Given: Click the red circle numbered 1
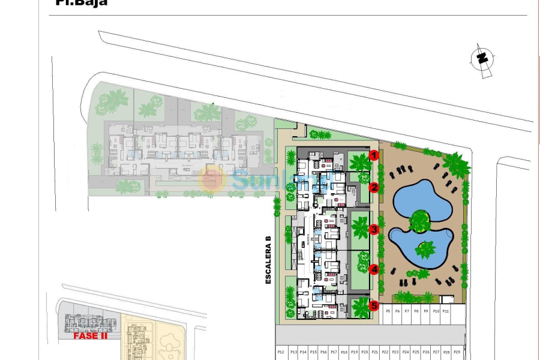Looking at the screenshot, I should tap(374, 155).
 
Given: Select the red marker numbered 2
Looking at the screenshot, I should tap(374, 187).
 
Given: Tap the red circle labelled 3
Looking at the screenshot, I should tap(374, 229).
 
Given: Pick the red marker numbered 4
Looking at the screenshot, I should tap(374, 269).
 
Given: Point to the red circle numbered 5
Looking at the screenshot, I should tap(374, 305).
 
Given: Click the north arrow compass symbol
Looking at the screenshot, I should tap(481, 59).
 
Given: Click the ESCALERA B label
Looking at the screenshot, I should tap(268, 260).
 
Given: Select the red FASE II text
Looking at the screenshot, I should tap(90, 336).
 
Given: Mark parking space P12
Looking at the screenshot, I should tap(281, 352).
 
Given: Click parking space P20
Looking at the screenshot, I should tap(364, 352).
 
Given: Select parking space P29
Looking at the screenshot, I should tap(457, 352).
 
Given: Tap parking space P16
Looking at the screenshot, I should tap(323, 352).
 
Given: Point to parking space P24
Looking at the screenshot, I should tap(406, 352).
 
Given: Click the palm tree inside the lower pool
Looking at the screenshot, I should tap(427, 248).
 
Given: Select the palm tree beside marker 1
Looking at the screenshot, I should tap(359, 161).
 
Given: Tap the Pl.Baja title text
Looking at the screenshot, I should tap(81, 3).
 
